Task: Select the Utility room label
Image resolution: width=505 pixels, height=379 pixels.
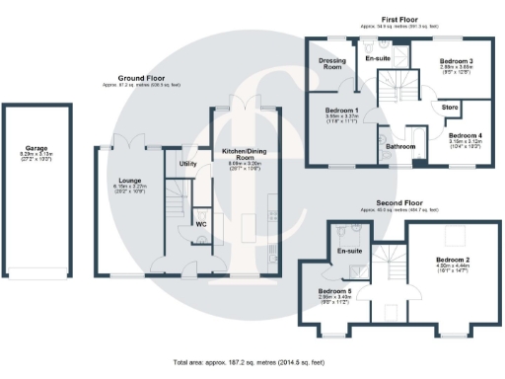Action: [x=188, y=163]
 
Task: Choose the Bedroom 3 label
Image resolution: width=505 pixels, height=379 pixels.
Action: [x=457, y=61]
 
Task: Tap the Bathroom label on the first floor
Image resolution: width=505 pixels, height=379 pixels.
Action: [x=400, y=147]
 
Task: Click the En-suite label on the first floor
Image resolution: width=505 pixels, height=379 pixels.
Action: [x=379, y=59]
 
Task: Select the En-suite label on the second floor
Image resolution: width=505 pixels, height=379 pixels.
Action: [x=348, y=252]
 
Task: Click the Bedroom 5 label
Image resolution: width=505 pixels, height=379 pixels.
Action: [x=332, y=291]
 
